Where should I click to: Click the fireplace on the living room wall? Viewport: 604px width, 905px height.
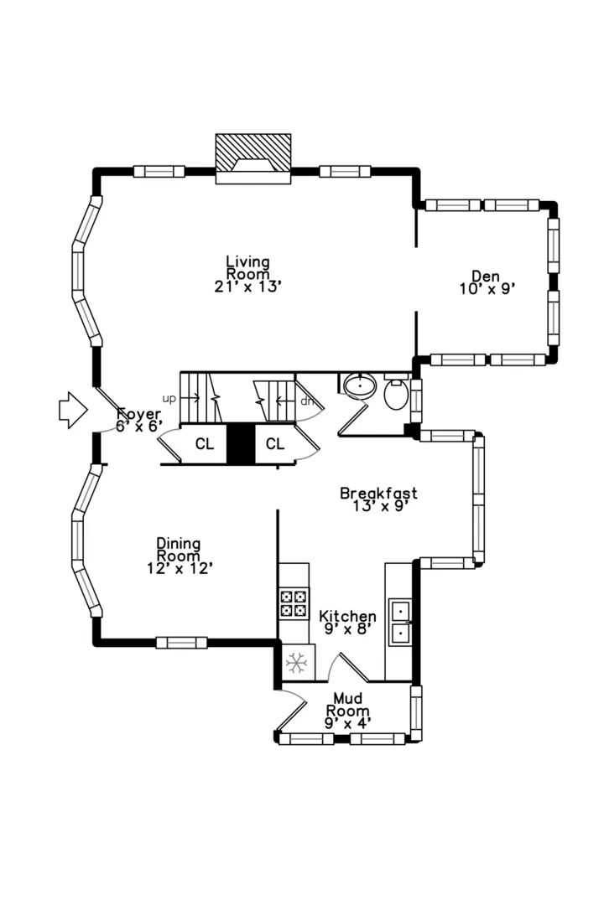pos(253,158)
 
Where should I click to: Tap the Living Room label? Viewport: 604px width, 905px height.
pos(248,268)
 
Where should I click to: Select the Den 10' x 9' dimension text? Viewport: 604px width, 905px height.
pos(487,288)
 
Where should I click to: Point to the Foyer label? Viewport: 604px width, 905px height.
pos(138,414)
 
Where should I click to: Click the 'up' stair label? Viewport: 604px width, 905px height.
pos(169,398)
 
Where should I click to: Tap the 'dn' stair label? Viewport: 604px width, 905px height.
pos(307,401)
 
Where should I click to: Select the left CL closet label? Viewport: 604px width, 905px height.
pos(204,444)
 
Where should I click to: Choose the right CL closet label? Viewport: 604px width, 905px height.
pos(275,443)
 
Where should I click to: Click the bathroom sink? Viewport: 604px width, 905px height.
pos(360,385)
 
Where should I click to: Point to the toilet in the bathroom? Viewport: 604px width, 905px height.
pos(396,392)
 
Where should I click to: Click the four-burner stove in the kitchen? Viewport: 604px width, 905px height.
pos(293,603)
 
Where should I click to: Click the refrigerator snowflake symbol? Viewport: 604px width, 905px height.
pos(296,663)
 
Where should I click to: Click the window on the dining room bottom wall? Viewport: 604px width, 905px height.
pos(181,643)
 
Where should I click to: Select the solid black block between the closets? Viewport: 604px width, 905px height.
pos(241,444)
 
